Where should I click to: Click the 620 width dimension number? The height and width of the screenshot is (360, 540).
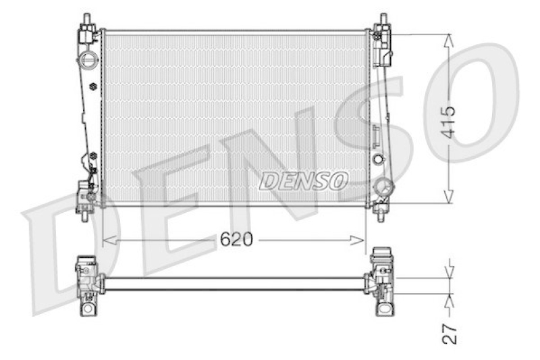[x=236, y=239]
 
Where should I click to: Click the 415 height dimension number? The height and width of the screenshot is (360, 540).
[x=449, y=122]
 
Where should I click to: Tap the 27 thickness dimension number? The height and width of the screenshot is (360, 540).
[x=450, y=334]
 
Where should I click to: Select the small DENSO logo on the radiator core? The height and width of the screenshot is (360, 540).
[x=303, y=181]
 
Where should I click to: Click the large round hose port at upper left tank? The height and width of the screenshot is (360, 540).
[x=86, y=61]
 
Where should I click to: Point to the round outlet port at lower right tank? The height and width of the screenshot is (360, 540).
[x=385, y=188]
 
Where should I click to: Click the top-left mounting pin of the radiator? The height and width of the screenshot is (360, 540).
[x=87, y=20]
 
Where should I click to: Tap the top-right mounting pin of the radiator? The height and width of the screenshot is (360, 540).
[x=383, y=20]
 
